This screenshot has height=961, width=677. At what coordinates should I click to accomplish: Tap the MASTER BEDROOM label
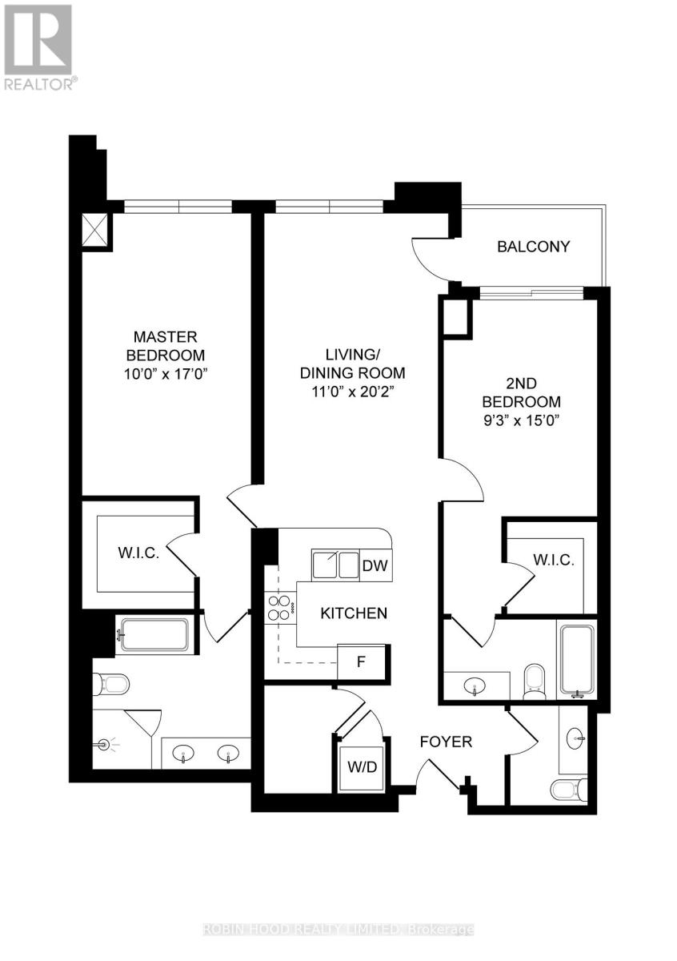(165, 346)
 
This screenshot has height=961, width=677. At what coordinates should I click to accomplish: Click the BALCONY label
(534, 247)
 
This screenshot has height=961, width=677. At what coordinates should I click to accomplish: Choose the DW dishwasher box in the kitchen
(375, 565)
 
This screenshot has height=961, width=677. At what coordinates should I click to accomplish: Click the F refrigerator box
(362, 663)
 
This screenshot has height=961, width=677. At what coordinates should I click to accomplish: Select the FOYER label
(446, 742)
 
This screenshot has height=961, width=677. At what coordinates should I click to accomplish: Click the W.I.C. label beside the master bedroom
(139, 553)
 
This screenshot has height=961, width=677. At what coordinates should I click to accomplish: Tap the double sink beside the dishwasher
(335, 565)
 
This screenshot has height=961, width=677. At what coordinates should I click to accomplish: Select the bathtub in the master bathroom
(153, 635)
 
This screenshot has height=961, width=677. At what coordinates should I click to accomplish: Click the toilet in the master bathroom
(111, 685)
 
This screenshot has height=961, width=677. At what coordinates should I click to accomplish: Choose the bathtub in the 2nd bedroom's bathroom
(577, 659)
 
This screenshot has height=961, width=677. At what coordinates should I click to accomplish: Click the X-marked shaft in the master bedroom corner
(97, 231)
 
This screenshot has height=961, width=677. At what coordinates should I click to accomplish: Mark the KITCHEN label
(354, 613)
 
